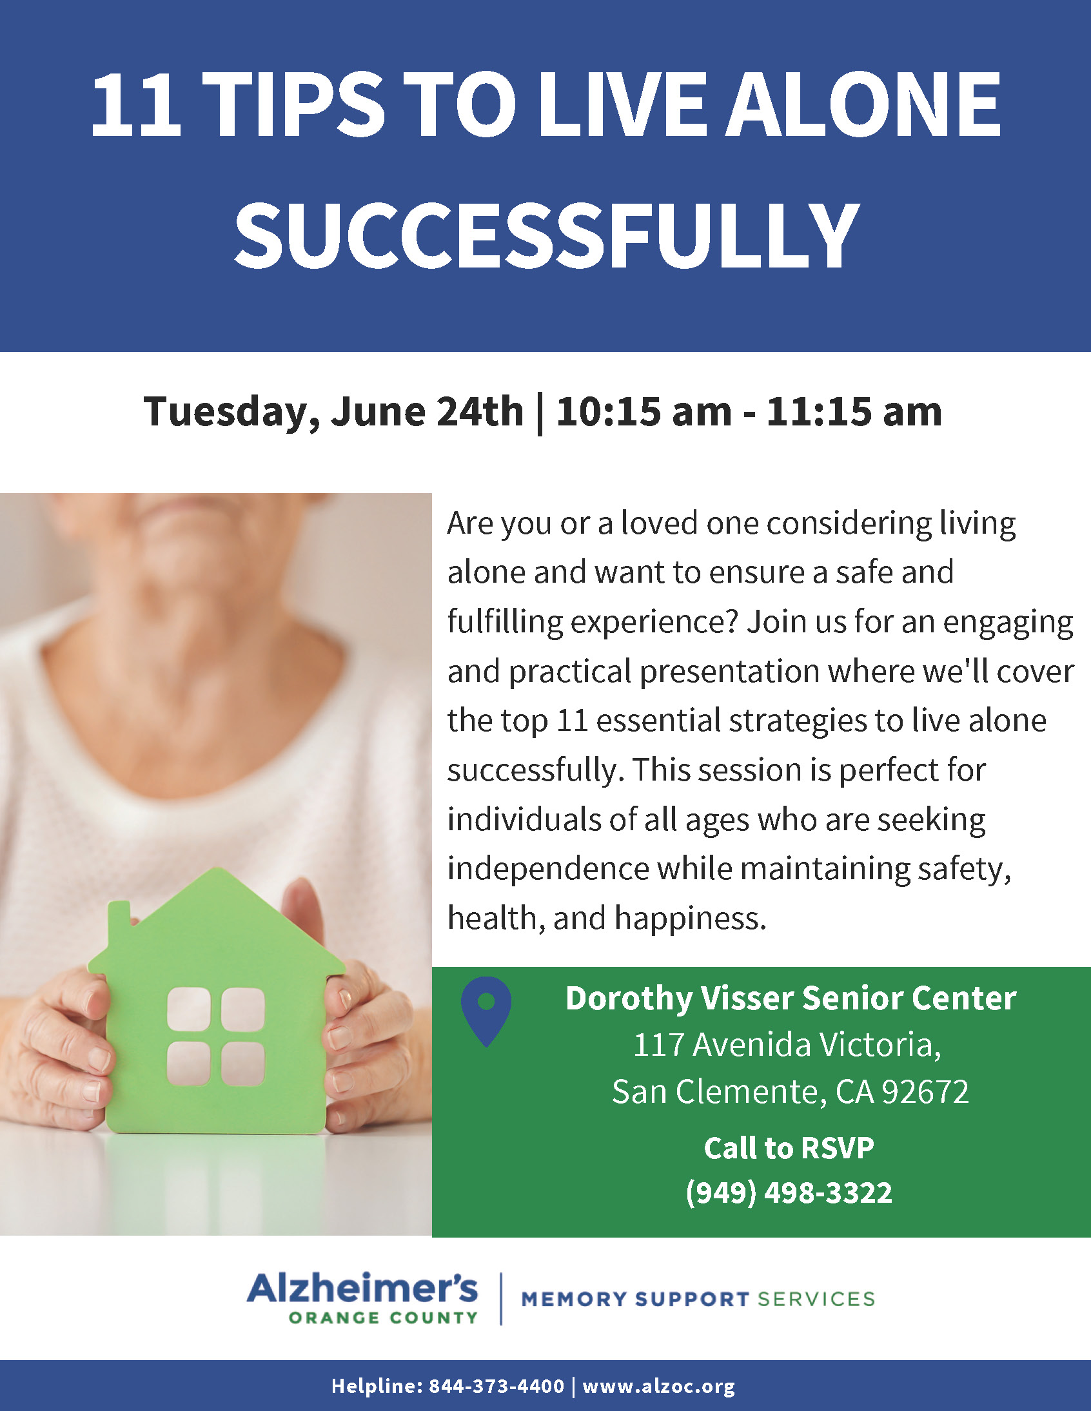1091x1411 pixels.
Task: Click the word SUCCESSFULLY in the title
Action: point(546,235)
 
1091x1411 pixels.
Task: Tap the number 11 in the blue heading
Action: point(135,104)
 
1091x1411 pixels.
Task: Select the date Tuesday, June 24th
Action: point(333,411)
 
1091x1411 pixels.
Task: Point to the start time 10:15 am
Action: point(644,411)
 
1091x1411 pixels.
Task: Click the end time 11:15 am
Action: point(854,411)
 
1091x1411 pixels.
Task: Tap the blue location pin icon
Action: point(486,1011)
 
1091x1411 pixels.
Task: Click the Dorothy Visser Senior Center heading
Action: point(791,998)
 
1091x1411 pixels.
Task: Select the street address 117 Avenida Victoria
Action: point(787,1046)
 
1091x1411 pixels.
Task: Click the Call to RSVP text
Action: point(789,1149)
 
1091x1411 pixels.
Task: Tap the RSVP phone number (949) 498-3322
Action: point(789,1192)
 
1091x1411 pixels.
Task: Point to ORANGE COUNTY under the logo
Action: point(383,1318)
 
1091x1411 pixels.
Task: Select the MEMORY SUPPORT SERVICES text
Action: point(698,1299)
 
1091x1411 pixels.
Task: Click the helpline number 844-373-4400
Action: point(496,1386)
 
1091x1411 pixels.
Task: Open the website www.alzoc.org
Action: point(658,1387)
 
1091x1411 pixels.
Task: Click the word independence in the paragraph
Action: point(548,868)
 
